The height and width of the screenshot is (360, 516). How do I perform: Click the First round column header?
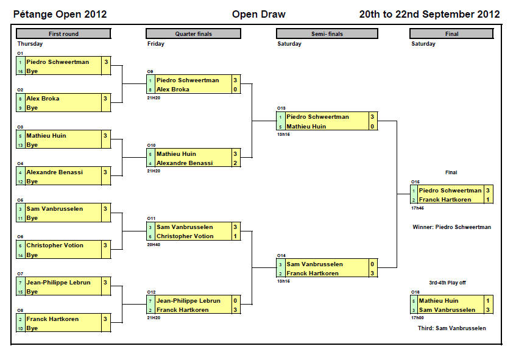coord(63,34)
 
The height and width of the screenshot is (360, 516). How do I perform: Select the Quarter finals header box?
coord(193,34)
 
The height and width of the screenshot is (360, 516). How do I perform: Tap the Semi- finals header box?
coord(323,34)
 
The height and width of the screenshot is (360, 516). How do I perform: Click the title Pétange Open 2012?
coord(60,15)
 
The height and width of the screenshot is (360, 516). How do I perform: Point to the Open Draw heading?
coord(258,15)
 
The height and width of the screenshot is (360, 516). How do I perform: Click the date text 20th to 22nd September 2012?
coord(429,15)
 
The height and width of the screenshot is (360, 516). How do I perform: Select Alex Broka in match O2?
coord(43,99)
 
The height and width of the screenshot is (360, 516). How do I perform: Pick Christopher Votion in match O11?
coord(185,236)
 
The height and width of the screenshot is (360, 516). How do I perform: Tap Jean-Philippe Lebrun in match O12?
coord(188,301)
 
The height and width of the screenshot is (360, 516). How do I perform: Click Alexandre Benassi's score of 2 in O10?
coord(235,163)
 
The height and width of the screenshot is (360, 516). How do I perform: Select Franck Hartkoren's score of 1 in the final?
coord(488,200)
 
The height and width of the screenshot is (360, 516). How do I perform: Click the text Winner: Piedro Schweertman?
coord(451,227)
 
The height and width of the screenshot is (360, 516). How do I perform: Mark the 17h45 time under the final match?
coord(417,208)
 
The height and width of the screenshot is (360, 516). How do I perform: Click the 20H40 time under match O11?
coord(154,244)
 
